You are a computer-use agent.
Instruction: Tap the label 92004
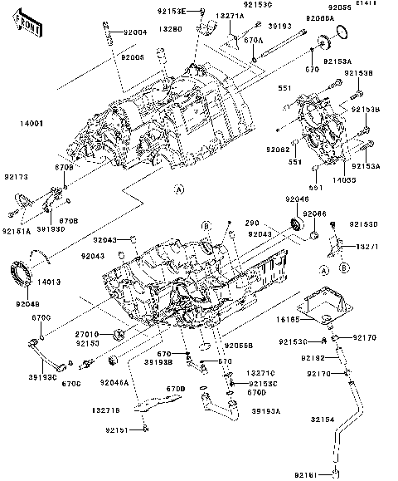tap(134, 32)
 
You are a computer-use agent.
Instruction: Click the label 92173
tap(16, 178)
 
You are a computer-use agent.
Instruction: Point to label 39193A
tap(265, 410)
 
